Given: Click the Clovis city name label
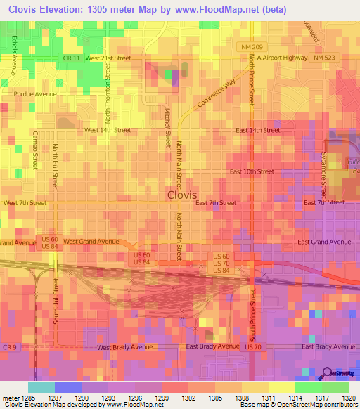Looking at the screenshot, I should (x=182, y=195).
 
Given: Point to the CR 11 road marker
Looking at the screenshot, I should (x=71, y=58).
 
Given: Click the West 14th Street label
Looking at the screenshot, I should (x=107, y=130).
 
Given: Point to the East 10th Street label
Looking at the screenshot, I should (x=252, y=171).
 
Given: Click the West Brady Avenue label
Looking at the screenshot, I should (x=124, y=347).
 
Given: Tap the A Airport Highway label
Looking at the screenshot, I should (x=282, y=58).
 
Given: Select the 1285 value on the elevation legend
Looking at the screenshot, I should (x=28, y=398).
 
